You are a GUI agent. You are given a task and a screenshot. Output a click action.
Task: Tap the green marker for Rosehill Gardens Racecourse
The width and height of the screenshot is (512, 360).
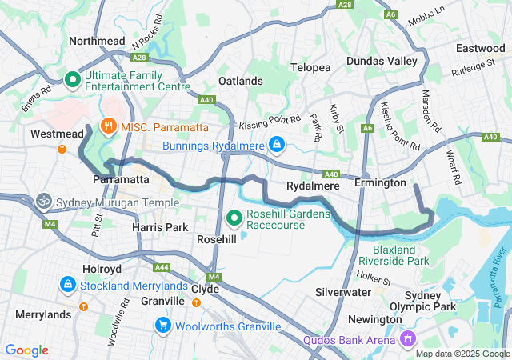[x=234, y=217]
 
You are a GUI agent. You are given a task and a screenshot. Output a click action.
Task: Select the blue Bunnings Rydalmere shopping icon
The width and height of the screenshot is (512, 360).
[x=276, y=144]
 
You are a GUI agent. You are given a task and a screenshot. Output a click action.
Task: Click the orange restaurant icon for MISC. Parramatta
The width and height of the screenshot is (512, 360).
[x=107, y=126]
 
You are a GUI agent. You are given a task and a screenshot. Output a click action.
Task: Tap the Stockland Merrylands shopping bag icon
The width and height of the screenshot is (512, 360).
[x=68, y=284]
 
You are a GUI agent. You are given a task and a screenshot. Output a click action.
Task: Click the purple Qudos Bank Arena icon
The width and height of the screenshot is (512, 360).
[x=409, y=340]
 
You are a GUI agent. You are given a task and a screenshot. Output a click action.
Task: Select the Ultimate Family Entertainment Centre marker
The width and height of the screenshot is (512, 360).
[x=72, y=79]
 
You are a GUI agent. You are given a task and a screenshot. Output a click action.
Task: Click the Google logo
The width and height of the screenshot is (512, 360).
[x=27, y=350]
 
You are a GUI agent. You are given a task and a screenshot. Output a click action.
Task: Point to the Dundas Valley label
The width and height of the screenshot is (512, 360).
[x=382, y=62]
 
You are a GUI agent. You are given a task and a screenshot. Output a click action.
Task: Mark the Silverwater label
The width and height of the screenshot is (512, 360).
[x=343, y=292]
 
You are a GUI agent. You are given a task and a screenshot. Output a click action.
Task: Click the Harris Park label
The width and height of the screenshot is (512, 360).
[x=159, y=228]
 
